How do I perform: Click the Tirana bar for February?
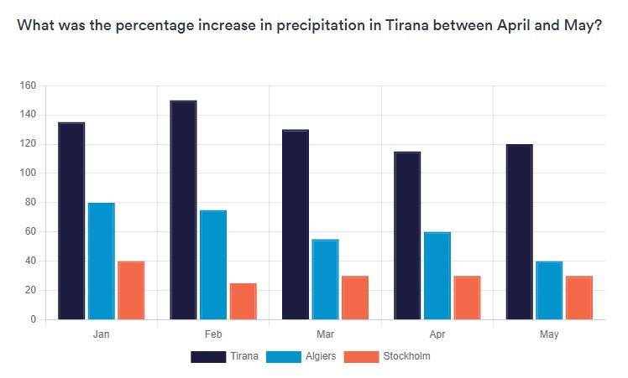[183, 210]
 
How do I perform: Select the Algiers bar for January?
[102, 261]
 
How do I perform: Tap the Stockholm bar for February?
[243, 302]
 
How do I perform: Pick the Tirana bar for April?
[407, 236]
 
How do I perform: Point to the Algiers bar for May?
[549, 290]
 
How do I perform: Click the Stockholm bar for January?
[131, 290]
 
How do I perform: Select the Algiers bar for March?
[325, 280]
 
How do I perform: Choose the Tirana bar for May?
[520, 232]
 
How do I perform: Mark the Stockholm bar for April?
[467, 298]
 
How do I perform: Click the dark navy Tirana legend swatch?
[208, 357]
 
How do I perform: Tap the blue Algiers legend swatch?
[284, 357]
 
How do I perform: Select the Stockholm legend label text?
[406, 356]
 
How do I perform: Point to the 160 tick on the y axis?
[28, 85]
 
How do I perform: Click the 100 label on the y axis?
[28, 173]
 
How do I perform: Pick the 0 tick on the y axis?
[34, 319]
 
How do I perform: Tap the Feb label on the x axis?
[213, 334]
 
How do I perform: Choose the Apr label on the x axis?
[437, 334]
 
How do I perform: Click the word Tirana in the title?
[407, 25]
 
